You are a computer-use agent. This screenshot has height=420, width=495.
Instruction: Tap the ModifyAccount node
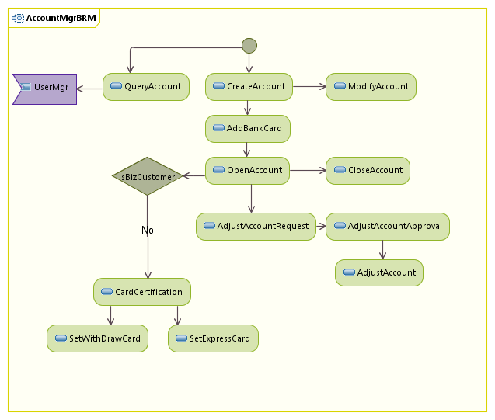[x=371, y=87]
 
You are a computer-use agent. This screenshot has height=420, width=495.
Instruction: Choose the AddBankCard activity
[x=247, y=129]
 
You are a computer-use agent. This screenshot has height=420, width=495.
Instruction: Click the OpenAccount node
[x=247, y=171]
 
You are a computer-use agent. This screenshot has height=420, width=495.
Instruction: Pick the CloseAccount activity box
[x=368, y=171]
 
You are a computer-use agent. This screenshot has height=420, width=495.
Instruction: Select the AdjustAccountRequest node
[x=256, y=227]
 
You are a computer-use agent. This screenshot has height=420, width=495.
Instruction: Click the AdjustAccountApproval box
[x=387, y=227]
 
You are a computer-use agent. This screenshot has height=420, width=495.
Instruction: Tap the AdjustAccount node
[x=379, y=273]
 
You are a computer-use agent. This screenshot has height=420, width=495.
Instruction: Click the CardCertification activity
[x=141, y=293]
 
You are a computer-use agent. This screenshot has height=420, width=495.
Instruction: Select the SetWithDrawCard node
[x=97, y=339]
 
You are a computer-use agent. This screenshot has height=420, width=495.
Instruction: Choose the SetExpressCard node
[x=213, y=339]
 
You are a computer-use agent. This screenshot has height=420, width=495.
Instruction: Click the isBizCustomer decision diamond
[x=147, y=176]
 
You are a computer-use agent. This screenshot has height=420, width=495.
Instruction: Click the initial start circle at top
[x=249, y=46]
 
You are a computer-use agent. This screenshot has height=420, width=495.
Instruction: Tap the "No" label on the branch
[x=148, y=231]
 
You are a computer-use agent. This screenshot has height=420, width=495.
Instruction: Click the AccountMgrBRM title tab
[x=54, y=18]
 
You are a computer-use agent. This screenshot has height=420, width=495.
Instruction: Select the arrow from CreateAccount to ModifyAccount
[x=309, y=87]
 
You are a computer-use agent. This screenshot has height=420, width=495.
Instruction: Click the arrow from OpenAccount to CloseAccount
[x=307, y=171]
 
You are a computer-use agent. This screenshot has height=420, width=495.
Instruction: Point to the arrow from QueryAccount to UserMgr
[x=89, y=88]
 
